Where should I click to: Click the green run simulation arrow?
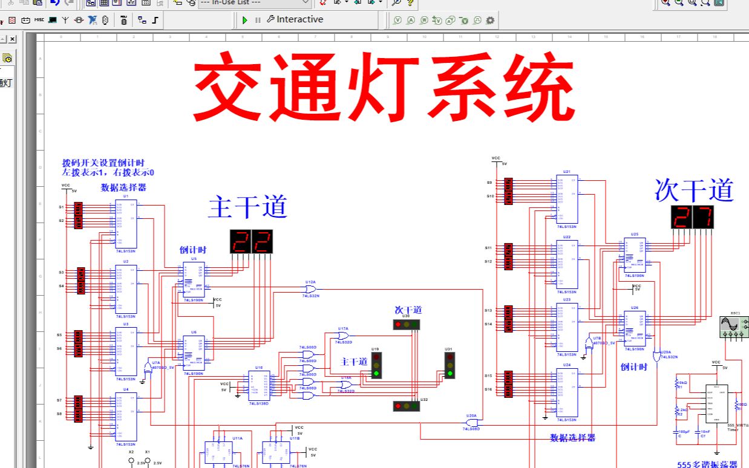pyautogui.click(x=245, y=20)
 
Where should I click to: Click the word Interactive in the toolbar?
pyautogui.click(x=299, y=19)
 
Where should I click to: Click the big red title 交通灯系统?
pyautogui.click(x=384, y=88)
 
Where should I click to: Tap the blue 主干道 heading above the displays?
pyautogui.click(x=247, y=207)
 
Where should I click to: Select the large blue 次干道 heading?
pyautogui.click(x=693, y=190)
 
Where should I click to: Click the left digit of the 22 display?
pyautogui.click(x=240, y=241)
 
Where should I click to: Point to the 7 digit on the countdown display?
pyautogui.click(x=703, y=217)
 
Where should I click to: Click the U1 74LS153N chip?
pyautogui.click(x=126, y=223)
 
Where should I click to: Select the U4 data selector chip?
pyautogui.click(x=126, y=417)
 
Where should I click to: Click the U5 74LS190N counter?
pyautogui.click(x=194, y=279)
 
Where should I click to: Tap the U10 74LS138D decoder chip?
pyautogui.click(x=260, y=386)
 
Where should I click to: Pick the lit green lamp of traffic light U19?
pyautogui.click(x=376, y=374)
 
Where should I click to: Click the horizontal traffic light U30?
pyautogui.click(x=407, y=325)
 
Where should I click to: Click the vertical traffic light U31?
pyautogui.click(x=450, y=365)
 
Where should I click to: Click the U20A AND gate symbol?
pyautogui.click(x=472, y=423)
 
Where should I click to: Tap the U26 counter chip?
pyautogui.click(x=635, y=328)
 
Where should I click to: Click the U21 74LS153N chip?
pyautogui.click(x=567, y=199)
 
